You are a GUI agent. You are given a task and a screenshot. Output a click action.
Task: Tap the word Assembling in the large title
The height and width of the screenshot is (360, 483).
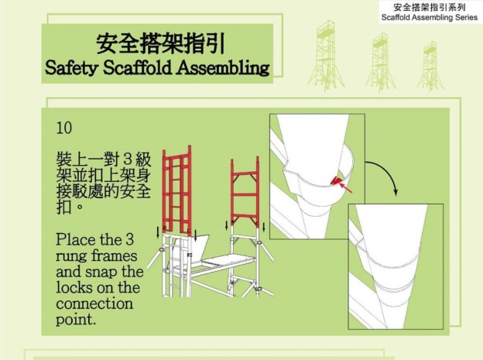click(x=224, y=67)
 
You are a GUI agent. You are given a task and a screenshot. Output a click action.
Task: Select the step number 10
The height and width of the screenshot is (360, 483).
click(x=64, y=127)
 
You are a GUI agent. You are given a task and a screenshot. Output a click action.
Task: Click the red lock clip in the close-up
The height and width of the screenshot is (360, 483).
click(x=335, y=181)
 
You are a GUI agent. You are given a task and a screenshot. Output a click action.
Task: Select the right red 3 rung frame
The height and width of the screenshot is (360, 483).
click(x=245, y=189)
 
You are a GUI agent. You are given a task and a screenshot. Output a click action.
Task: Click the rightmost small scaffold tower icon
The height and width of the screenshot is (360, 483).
click(x=430, y=65)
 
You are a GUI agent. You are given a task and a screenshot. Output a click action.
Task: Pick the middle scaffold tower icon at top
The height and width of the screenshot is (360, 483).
click(x=379, y=61)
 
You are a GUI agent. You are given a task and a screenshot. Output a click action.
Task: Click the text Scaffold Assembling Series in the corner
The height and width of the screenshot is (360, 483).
click(x=430, y=18)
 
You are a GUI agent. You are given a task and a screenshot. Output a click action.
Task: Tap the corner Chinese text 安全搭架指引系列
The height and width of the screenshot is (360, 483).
click(x=430, y=7)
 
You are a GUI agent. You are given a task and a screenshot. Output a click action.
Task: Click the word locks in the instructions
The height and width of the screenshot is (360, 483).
click(x=74, y=287)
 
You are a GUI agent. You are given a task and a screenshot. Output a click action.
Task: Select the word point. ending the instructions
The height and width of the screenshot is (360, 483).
click(x=76, y=319)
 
